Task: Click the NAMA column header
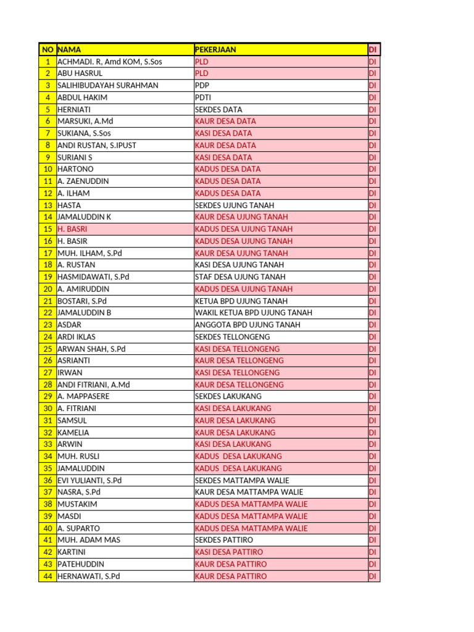(69, 49)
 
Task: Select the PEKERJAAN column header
(215, 49)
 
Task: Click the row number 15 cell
(48, 229)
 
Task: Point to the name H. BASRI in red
(72, 229)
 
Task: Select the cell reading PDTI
(204, 98)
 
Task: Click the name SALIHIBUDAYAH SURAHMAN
(108, 85)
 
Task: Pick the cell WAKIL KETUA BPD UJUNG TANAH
(254, 313)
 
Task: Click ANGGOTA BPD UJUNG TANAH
(247, 325)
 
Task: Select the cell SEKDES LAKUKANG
(228, 396)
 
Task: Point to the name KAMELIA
(73, 433)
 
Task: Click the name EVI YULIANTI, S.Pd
(89, 480)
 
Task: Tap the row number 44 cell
(48, 576)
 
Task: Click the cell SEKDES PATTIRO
(224, 540)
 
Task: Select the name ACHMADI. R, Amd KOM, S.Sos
(110, 62)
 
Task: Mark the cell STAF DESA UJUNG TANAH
(240, 277)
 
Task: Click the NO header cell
(48, 49)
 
